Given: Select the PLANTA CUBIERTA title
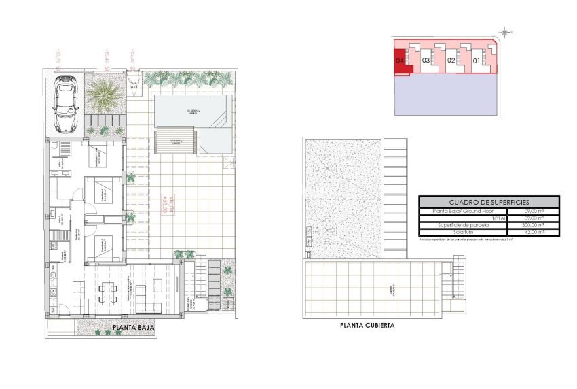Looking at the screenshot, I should [367, 326].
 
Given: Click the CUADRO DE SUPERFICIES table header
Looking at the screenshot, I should [489, 202].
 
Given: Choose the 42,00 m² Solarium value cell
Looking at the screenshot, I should [534, 232].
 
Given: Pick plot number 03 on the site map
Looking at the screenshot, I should [426, 61].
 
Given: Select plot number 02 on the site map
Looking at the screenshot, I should [451, 61].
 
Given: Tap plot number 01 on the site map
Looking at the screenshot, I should [477, 61].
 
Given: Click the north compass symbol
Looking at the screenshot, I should [506, 31].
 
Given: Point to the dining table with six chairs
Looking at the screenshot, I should [106, 293].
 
